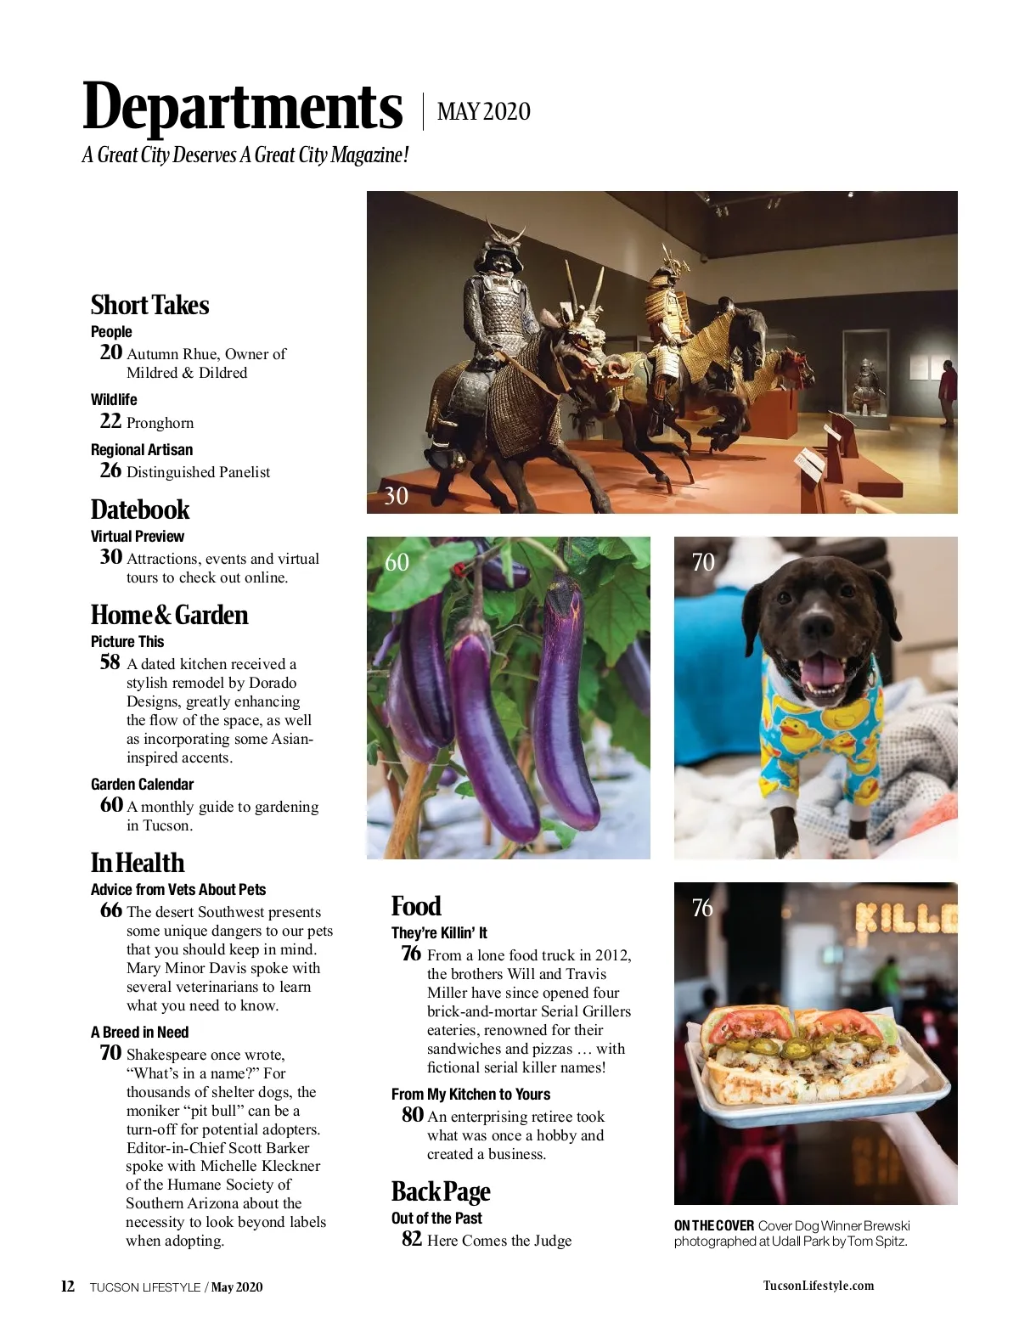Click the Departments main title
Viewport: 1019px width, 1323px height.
[242, 107]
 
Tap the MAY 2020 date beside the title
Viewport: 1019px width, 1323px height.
[483, 111]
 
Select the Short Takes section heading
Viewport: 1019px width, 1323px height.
[149, 305]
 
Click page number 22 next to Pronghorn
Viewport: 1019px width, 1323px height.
[110, 421]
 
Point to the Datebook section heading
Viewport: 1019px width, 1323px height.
[140, 509]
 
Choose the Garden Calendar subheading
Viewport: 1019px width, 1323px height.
[142, 784]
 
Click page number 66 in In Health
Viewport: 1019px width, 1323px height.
[110, 910]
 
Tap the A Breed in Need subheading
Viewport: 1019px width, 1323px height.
[139, 1032]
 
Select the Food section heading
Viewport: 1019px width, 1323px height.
[416, 906]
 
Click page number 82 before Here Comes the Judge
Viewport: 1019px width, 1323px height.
[412, 1239]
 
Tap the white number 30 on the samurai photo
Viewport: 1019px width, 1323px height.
[396, 496]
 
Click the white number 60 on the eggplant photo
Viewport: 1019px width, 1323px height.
[397, 562]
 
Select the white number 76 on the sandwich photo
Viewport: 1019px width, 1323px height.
[702, 908]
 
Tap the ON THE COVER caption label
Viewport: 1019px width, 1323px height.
[713, 1225]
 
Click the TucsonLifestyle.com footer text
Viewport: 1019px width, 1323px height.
[818, 1286]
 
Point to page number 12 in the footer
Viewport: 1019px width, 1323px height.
[68, 1286]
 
